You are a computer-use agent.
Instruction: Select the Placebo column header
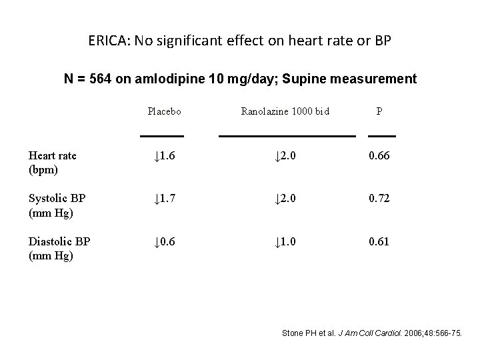pyautogui.click(x=164, y=111)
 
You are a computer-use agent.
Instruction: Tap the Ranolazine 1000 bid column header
pyautogui.click(x=285, y=111)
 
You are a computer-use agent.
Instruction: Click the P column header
pyautogui.click(x=379, y=111)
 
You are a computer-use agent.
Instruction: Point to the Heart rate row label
pyautogui.click(x=53, y=161)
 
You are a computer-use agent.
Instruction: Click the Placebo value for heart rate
pyautogui.click(x=163, y=156)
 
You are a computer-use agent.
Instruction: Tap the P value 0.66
pyautogui.click(x=380, y=156)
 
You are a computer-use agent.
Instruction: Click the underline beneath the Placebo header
pyautogui.click(x=162, y=136)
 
